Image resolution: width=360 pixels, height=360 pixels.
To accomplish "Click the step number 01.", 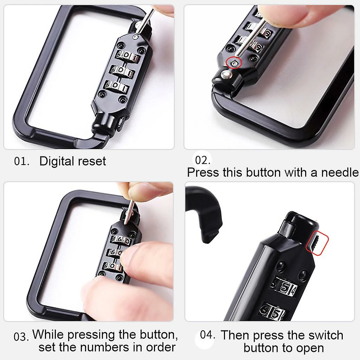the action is [x=21, y=161].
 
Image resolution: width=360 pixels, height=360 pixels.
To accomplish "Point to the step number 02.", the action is [x=202, y=160].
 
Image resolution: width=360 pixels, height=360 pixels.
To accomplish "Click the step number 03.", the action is [x=21, y=337].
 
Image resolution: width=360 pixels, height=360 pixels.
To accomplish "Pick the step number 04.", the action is [x=207, y=335].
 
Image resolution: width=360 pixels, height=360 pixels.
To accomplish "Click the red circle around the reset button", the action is [x=234, y=63].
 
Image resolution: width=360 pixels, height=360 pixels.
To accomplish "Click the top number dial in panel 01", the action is [x=128, y=57].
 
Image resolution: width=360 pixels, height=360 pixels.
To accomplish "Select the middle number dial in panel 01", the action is [x=122, y=71].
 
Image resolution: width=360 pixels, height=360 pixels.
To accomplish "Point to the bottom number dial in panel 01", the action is [x=116, y=86].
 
